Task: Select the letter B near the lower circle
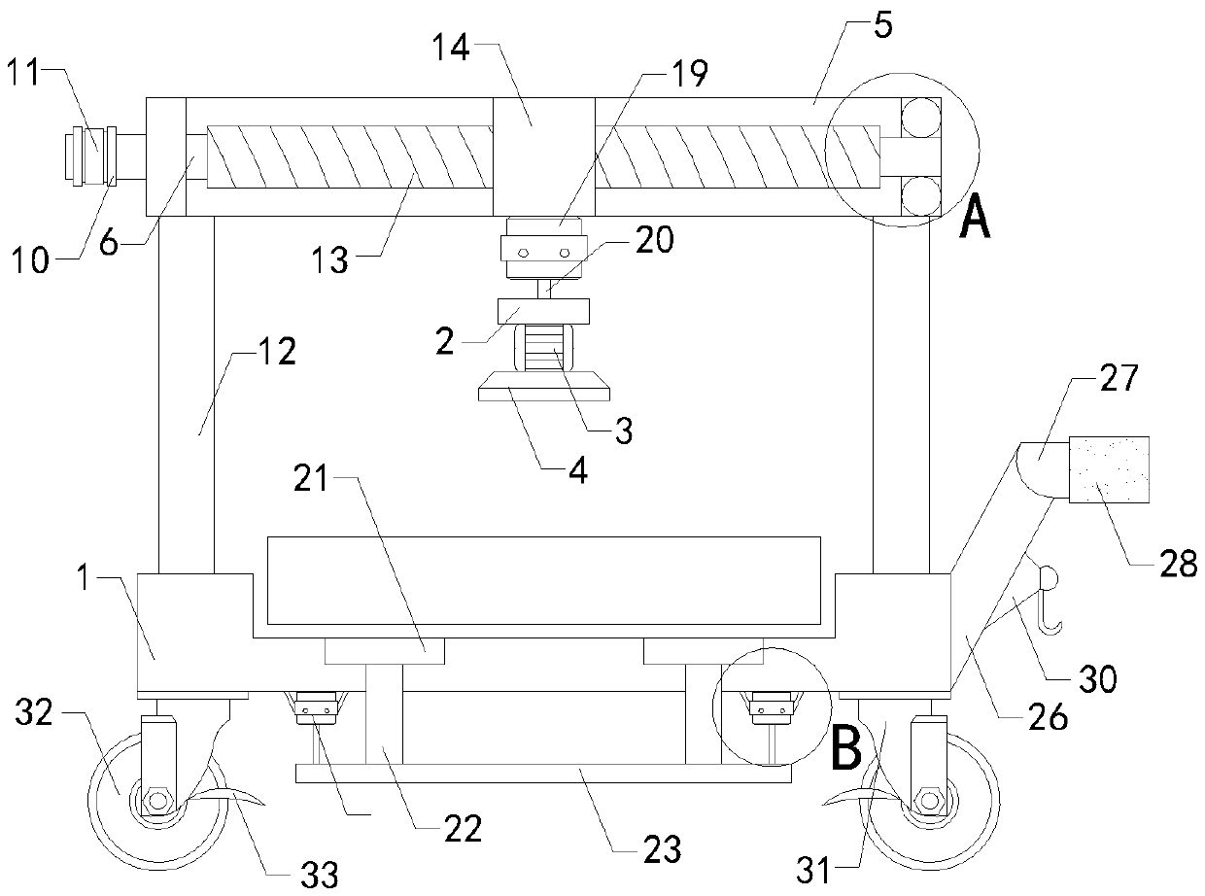click(x=847, y=749)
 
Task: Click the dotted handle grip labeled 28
click(x=1109, y=469)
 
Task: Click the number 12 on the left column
click(x=274, y=351)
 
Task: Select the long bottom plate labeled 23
click(x=543, y=773)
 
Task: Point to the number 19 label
click(x=688, y=73)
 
